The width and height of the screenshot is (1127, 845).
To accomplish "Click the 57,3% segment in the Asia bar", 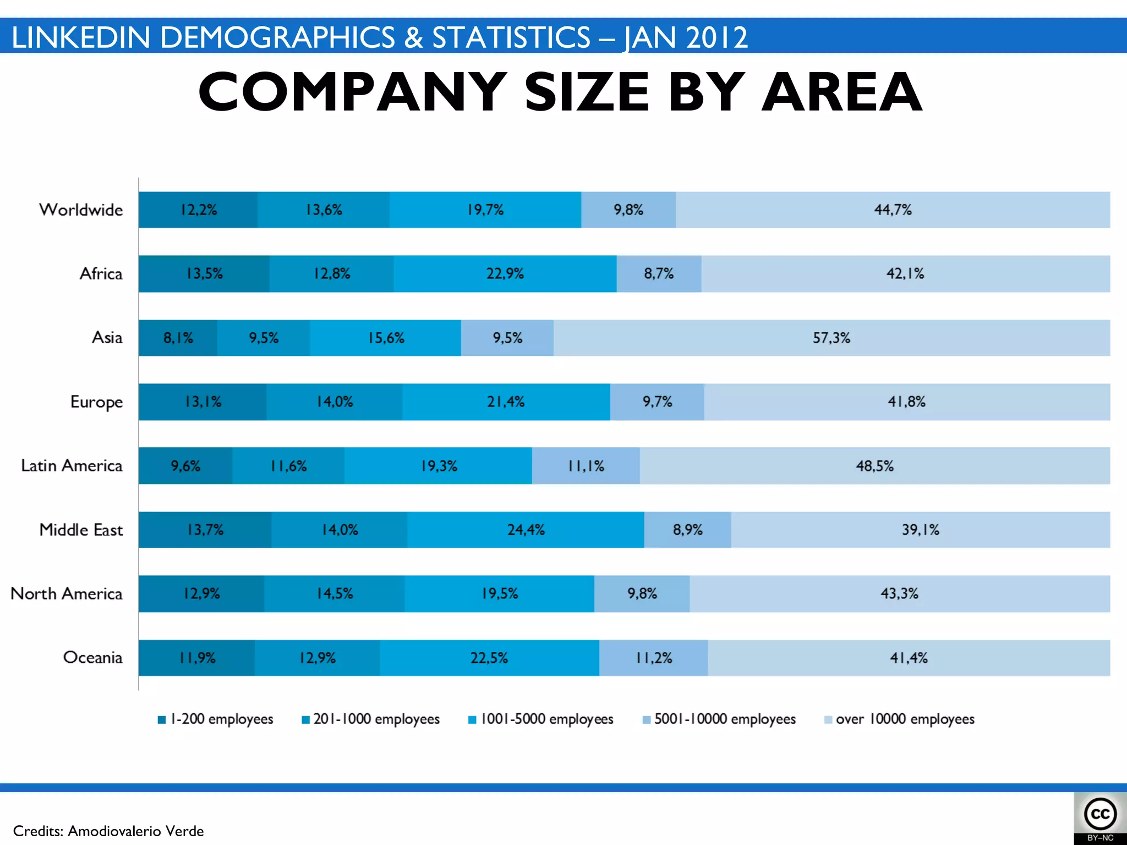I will (831, 338).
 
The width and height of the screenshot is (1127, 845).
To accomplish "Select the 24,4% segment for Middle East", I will (526, 530).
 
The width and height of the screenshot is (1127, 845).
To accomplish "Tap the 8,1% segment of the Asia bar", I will (178, 338).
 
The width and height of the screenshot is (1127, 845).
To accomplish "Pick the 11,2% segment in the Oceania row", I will (654, 658).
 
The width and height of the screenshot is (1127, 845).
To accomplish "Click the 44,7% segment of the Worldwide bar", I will (893, 210).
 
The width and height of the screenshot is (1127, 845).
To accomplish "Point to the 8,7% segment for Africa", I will (659, 273).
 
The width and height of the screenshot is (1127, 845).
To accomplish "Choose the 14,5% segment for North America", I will (334, 594).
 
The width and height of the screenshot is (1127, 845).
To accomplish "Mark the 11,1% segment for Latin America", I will (586, 466).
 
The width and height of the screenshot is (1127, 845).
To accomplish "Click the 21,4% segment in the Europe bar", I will (506, 402).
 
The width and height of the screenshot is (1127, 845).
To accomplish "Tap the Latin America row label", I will (72, 466).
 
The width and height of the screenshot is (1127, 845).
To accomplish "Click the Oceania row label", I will (92, 657).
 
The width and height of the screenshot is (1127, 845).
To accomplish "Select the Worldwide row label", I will (81, 210).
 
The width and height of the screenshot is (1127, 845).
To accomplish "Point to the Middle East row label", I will (81, 530).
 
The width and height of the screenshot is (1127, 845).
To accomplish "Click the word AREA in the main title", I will (842, 92).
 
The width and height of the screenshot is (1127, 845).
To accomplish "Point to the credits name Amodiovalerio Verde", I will (135, 831).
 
